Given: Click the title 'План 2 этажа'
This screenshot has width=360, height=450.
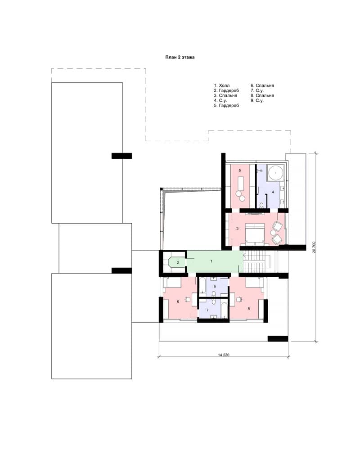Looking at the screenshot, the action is pos(180,58).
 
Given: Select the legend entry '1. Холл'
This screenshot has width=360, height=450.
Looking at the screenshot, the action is pos(222,85).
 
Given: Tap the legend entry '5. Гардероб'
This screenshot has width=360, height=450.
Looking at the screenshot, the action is pos(226,106).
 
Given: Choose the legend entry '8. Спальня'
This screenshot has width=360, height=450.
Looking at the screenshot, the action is pos(262,95).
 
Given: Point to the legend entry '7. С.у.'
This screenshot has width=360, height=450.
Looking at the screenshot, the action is pos(257,91).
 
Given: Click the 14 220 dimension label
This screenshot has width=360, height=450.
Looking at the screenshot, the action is pos(224,355).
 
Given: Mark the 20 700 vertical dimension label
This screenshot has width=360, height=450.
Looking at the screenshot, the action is pos(314,247).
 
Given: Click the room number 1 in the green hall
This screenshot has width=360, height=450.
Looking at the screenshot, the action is pos(211,261).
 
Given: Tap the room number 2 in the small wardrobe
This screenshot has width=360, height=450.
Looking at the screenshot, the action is pos(178,263).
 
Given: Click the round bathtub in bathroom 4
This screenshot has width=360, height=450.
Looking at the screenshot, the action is pos(276,173).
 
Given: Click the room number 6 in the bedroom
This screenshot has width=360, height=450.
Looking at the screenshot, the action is pos(178,301).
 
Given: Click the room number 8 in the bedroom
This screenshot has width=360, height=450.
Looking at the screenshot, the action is pos(248,309).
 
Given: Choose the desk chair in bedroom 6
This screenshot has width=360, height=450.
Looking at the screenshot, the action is pos(188,299).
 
